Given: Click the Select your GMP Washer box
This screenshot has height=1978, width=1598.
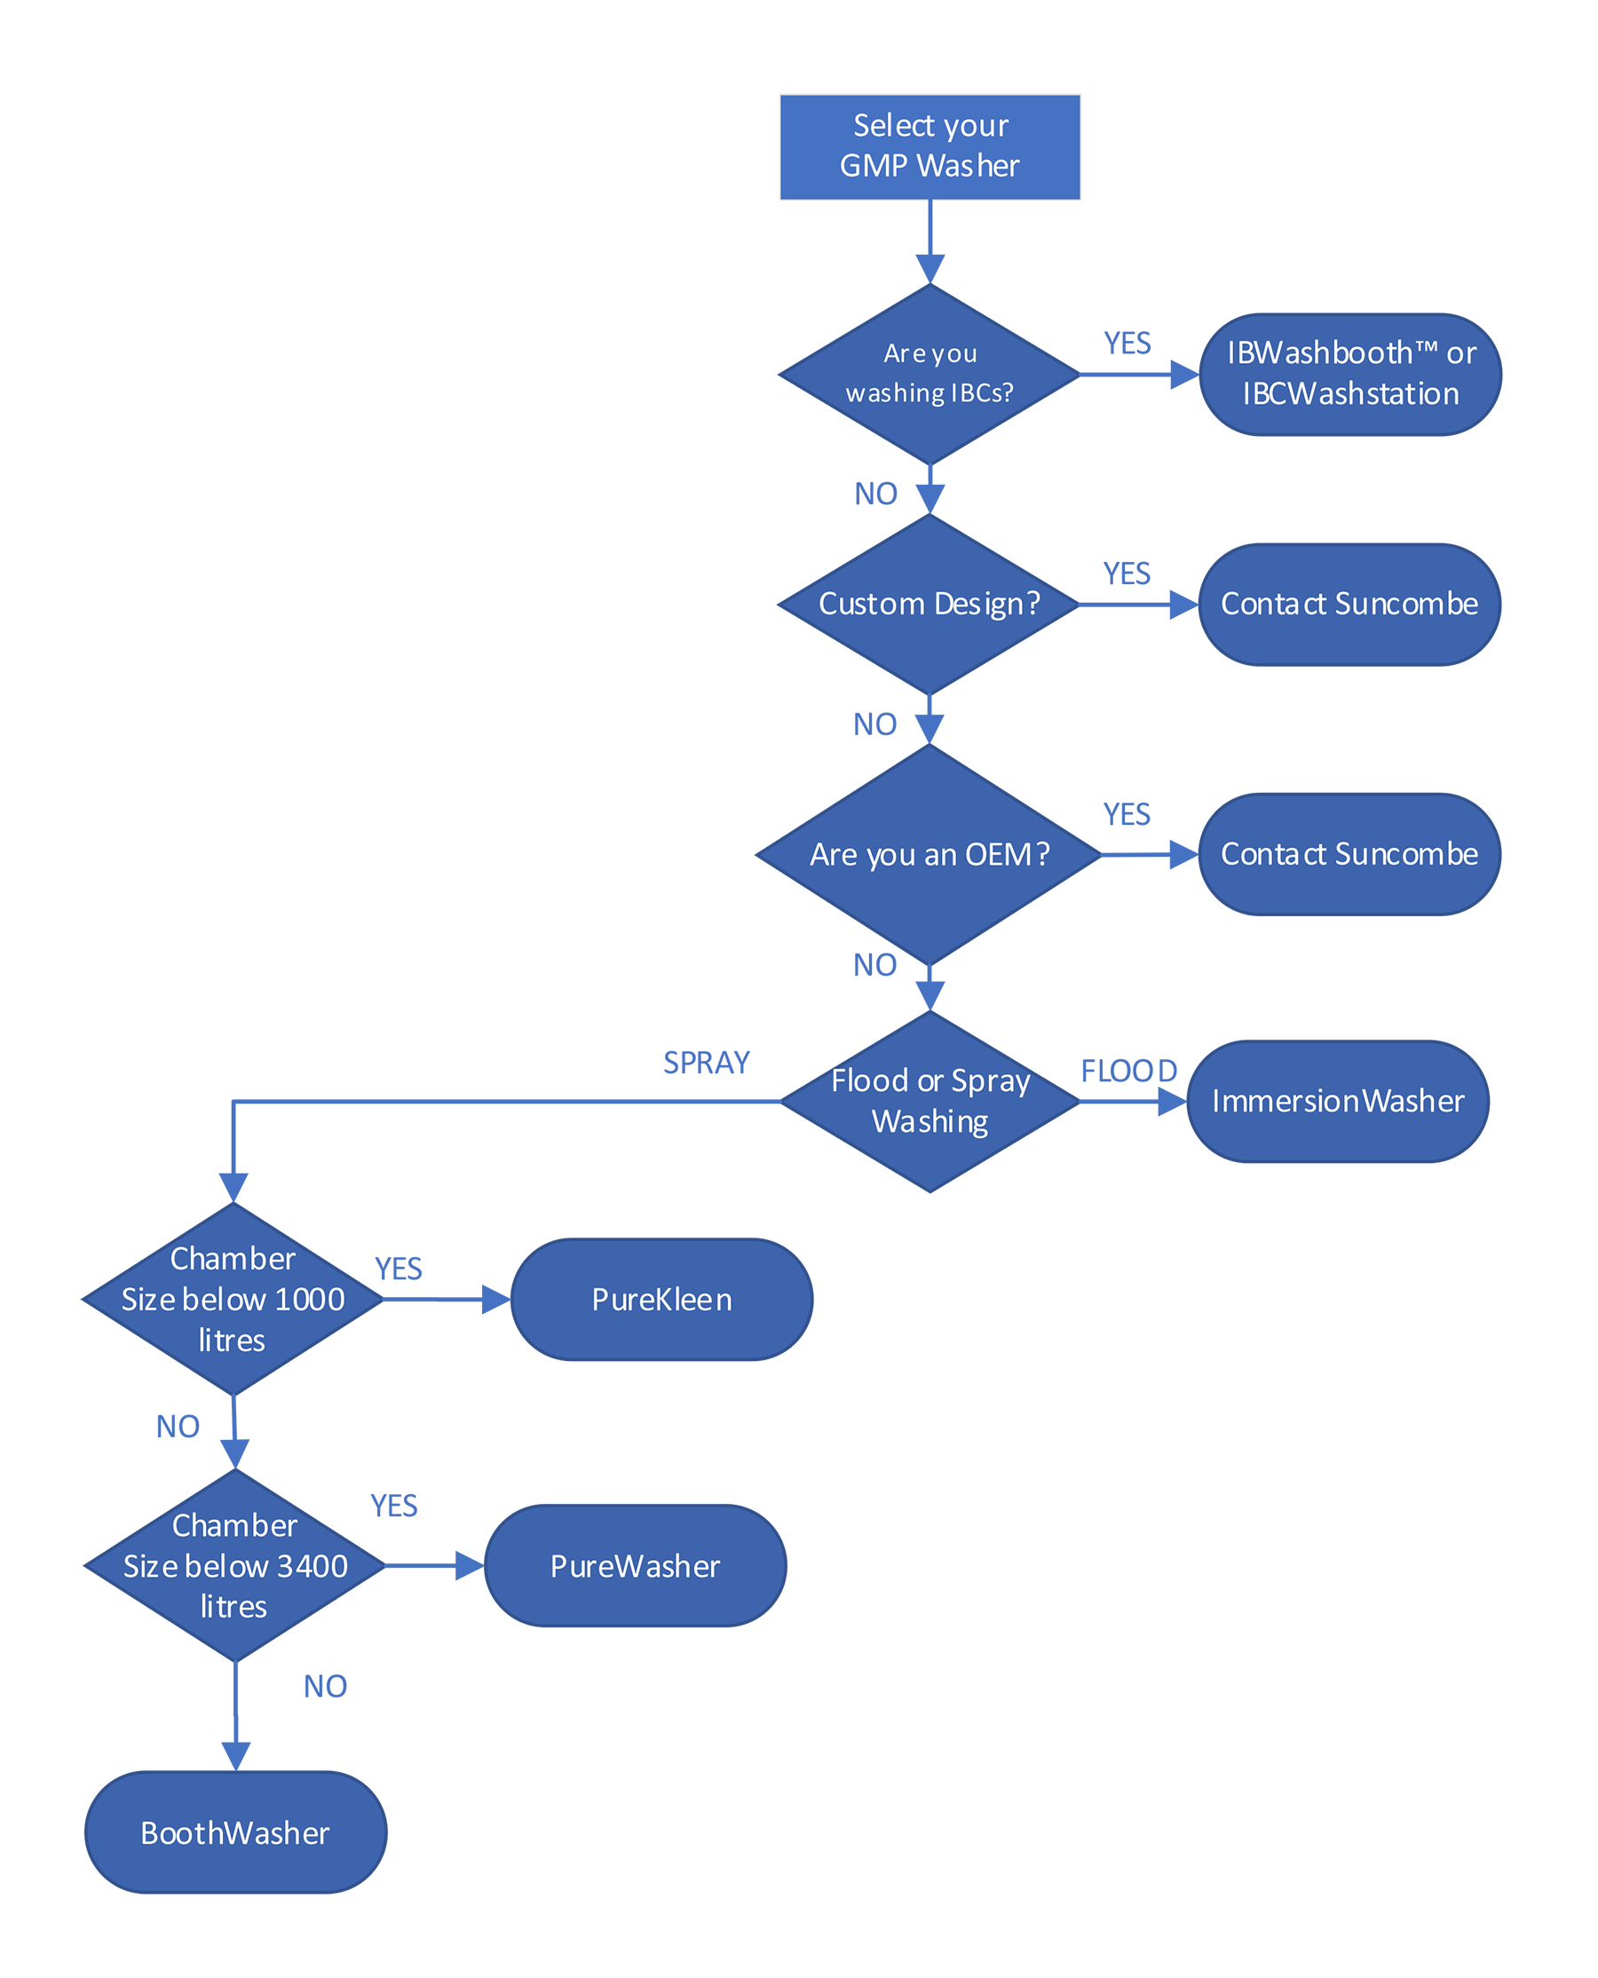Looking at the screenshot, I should pos(930,146).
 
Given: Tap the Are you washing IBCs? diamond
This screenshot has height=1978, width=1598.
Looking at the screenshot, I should pos(930,374).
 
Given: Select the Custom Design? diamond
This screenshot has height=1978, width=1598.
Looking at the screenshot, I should pos(930,604).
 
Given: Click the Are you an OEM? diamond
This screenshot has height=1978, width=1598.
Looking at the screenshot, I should pos(930,854).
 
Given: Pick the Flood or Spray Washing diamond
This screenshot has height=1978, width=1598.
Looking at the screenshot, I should pos(930,1100).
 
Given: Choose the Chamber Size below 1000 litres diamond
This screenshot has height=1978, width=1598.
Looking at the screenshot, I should pos(233,1299).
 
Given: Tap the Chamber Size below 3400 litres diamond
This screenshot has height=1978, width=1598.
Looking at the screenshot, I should pos(234,1566).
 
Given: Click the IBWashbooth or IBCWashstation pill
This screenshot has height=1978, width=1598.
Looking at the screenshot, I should pos(1350,374).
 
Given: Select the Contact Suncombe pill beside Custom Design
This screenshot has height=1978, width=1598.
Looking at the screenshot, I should pos(1349,604).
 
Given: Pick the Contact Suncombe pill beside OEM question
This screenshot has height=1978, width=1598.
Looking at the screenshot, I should pos(1349,854).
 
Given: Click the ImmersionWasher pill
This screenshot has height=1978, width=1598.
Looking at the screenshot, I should pos(1338,1101).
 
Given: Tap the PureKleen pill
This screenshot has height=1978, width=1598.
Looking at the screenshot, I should pos(662,1300).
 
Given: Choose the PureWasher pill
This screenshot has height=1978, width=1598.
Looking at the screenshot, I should pos(635,1566).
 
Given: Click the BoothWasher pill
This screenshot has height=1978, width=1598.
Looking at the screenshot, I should pos(234,1832).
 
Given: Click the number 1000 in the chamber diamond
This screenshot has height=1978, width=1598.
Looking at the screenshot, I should pos(309,1300).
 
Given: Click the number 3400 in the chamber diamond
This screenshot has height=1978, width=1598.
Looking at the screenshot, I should pos(312,1567).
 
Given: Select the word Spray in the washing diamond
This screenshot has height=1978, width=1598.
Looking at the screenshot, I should pos(991,1080).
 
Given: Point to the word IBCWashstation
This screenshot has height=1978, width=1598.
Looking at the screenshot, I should pos(1350,394).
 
